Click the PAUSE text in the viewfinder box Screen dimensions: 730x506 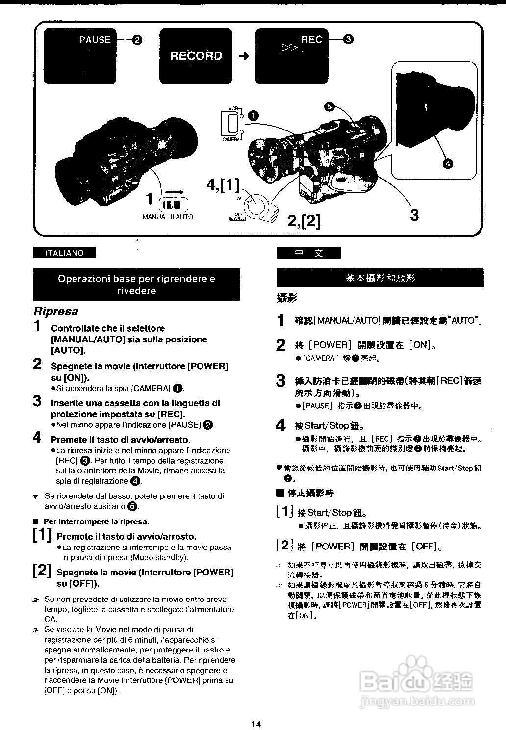tap(95, 40)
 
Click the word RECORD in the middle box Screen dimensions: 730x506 tap(196, 56)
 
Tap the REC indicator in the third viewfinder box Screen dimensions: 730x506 tap(312, 40)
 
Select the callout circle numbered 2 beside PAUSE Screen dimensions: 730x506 tap(137, 40)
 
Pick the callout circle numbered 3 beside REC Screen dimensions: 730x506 tap(348, 40)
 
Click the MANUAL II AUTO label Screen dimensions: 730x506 tap(168, 217)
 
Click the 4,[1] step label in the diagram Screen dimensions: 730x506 tap(223, 186)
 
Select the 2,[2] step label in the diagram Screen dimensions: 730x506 tap(304, 221)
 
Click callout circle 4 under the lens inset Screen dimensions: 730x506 tap(447, 163)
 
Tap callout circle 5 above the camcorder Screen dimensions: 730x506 tap(329, 106)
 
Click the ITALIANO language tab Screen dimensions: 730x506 tap(64, 253)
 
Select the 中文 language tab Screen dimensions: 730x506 tap(308, 253)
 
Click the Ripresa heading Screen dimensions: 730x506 tap(55, 312)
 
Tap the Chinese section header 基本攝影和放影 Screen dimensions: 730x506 tap(380, 278)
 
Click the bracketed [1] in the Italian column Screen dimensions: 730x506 tap(42, 535)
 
